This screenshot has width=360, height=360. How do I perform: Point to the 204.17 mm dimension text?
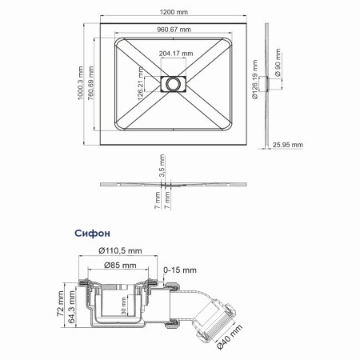click(174, 54)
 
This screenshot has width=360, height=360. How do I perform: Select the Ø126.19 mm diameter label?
click(255, 82)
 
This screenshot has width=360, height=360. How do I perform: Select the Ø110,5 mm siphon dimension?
click(122, 251)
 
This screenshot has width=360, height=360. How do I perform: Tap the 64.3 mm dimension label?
click(73, 308)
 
